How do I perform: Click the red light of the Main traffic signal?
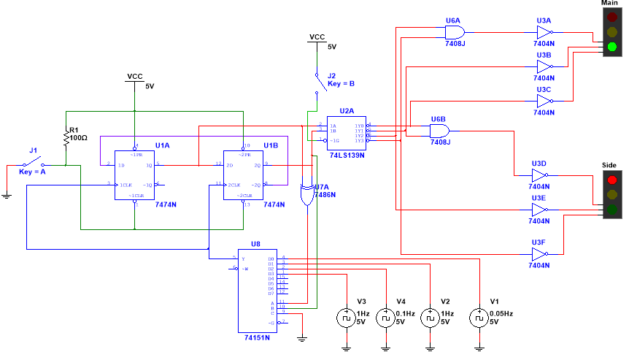[x=611, y=18]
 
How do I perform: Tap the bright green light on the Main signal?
[x=611, y=47]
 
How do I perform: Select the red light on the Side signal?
[x=611, y=180]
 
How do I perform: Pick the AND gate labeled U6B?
[x=439, y=130]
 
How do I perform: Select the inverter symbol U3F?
[x=540, y=254]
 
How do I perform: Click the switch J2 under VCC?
[x=317, y=82]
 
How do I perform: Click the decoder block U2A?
[x=346, y=133]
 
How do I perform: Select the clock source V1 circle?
[x=478, y=318]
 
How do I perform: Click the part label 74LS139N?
[x=346, y=156]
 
